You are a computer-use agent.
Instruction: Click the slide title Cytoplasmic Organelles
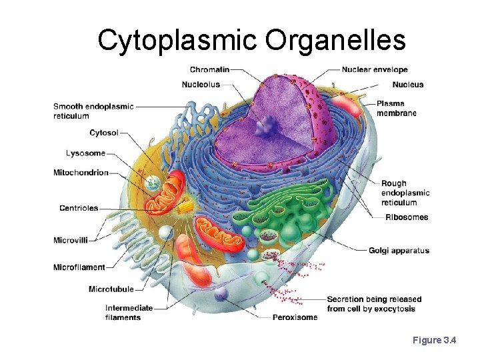pos(251,39)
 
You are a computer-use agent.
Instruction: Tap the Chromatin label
pos(209,69)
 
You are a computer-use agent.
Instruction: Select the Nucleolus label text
pos(201,85)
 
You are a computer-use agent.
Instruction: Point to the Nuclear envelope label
pos(375,69)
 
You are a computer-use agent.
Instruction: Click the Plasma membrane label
pos(396,109)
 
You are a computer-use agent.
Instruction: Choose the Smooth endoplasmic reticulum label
pos(93,111)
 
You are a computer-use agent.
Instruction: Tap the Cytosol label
pos(104,133)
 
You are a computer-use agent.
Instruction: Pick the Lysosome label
pos(85,153)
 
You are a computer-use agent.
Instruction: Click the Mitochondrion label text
pos(81,173)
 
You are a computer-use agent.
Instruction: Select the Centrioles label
pos(79,208)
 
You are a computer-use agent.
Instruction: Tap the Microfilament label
pos(79,267)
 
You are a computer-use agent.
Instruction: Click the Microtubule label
pos(111,289)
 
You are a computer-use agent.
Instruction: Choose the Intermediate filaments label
pos(129,313)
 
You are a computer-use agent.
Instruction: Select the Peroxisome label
pos(295,317)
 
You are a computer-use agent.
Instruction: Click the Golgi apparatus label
pos(399,251)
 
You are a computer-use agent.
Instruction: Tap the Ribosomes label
pos(407,217)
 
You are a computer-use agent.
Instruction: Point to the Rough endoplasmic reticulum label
pos(405,193)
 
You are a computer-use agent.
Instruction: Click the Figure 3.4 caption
pos(434,341)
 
